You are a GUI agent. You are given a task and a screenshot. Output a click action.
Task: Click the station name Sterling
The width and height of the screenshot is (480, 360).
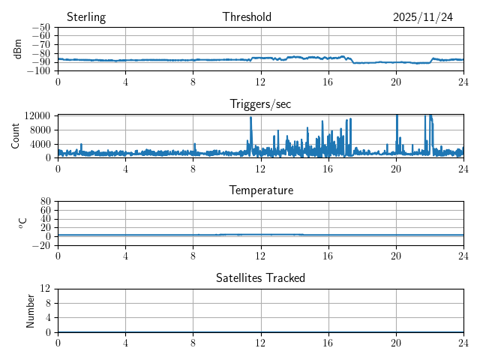point(86,17)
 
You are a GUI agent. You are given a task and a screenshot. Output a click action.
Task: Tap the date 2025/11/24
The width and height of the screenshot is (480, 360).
point(423,17)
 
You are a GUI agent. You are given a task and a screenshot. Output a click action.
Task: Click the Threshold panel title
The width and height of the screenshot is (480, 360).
point(247,17)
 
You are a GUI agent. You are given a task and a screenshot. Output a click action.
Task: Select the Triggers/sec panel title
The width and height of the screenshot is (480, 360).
point(260,104)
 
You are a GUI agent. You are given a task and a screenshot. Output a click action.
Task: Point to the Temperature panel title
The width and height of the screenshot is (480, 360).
point(260,190)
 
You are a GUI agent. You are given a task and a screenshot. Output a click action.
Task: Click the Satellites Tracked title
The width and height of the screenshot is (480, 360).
point(260,278)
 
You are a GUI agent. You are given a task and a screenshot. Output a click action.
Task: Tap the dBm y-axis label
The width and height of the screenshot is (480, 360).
point(18,49)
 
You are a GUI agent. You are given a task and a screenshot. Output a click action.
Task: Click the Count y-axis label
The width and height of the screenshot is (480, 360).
point(16,136)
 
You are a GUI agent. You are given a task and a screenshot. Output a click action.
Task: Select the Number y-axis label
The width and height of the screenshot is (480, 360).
point(31,310)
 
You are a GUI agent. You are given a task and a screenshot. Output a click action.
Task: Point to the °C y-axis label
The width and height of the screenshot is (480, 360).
point(23,223)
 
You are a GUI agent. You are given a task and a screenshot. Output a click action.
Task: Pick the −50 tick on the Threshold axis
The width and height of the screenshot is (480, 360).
point(43,28)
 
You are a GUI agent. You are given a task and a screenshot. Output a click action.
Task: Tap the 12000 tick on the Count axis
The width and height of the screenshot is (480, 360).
point(37,115)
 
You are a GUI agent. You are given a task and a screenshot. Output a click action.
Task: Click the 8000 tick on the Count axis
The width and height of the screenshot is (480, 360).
point(40,129)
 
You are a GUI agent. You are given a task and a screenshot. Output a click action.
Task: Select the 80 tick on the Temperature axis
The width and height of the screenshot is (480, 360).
point(46,202)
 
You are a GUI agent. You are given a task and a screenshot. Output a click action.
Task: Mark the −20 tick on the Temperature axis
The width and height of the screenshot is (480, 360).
point(43,245)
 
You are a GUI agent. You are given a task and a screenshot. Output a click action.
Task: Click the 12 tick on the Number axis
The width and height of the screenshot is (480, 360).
point(46,289)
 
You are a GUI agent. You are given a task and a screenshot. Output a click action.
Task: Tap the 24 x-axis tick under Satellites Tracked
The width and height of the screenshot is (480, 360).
point(463,342)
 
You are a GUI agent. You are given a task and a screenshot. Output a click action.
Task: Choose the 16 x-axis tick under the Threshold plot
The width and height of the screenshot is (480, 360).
point(328,81)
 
